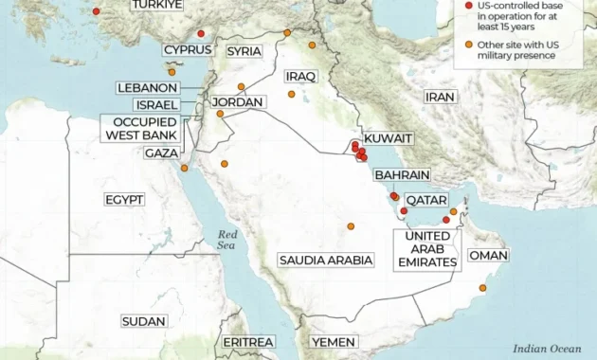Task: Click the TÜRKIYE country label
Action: (x=157, y=5)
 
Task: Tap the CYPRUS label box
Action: (x=187, y=50)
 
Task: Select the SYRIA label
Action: (x=244, y=50)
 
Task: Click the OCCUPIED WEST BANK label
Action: (x=143, y=128)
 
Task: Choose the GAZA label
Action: (x=161, y=153)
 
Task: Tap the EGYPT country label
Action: (x=124, y=199)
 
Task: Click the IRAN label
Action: (x=440, y=97)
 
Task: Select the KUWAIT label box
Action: (x=389, y=138)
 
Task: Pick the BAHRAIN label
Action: (x=402, y=175)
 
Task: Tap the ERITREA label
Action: (x=248, y=341)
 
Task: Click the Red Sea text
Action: (x=227, y=240)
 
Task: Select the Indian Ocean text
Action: (x=547, y=349)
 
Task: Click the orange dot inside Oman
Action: (x=483, y=288)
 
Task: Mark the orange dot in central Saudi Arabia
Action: (x=351, y=226)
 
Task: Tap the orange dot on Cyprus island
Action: (x=172, y=72)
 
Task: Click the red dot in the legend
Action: (x=468, y=6)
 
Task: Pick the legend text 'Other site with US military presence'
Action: (x=517, y=50)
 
